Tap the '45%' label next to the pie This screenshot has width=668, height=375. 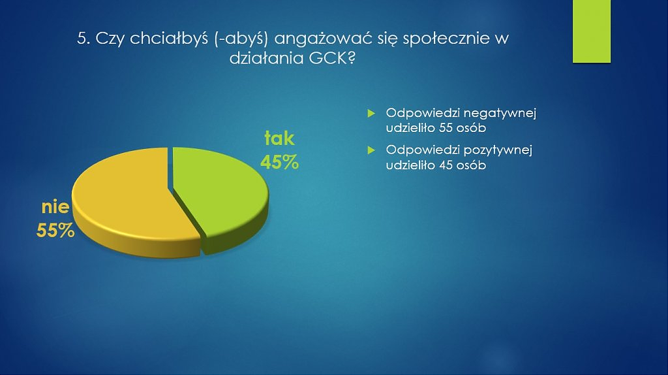click(279, 162)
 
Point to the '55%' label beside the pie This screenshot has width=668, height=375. click(55, 231)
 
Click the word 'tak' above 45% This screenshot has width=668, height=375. click(279, 139)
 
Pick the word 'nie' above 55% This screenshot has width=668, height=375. click(55, 207)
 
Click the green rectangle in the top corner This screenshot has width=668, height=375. click(591, 31)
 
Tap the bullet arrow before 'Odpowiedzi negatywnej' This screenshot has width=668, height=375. click(371, 113)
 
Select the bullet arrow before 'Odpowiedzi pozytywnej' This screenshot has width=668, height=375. click(371, 150)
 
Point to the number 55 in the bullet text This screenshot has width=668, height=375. click(446, 128)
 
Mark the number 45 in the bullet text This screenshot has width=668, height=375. click(446, 165)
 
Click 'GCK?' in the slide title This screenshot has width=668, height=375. click(332, 58)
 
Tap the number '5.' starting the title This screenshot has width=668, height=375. click(83, 39)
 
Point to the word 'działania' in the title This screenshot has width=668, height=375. click(267, 58)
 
